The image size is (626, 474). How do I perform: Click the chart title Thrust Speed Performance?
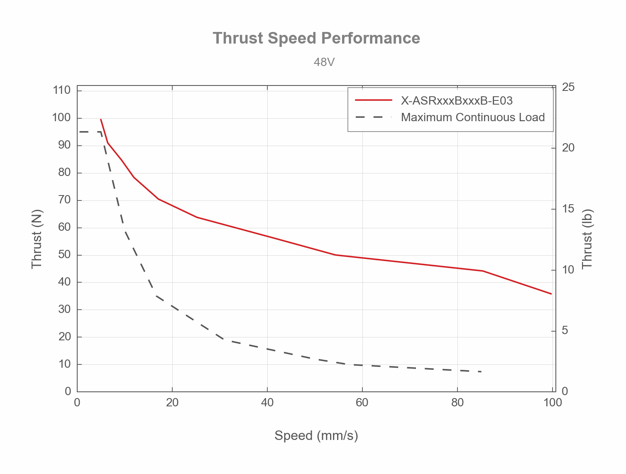[316, 38]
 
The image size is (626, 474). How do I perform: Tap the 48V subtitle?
[324, 62]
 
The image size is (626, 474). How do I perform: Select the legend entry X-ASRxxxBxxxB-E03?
[457, 100]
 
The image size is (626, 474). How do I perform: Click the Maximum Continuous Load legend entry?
[473, 117]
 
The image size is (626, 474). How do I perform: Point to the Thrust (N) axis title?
[37, 239]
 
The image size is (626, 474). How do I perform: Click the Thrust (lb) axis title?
[587, 239]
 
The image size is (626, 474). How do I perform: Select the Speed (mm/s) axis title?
[316, 435]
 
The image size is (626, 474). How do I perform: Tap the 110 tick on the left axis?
[62, 90]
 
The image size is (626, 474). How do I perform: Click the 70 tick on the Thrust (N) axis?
[64, 200]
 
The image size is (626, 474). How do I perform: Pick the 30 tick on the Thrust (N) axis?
[64, 309]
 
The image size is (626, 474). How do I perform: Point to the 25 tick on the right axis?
[568, 87]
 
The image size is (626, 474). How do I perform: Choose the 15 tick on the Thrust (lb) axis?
[568, 209]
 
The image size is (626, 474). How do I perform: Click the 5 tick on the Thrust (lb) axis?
[565, 331]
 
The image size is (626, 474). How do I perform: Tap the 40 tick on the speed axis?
[267, 402]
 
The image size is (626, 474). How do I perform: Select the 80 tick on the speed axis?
[457, 402]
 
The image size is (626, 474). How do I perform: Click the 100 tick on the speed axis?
[552, 402]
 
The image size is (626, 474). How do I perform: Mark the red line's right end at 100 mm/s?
[552, 294]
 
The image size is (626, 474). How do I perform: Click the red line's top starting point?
[101, 119]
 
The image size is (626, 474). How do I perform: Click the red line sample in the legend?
[374, 100]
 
